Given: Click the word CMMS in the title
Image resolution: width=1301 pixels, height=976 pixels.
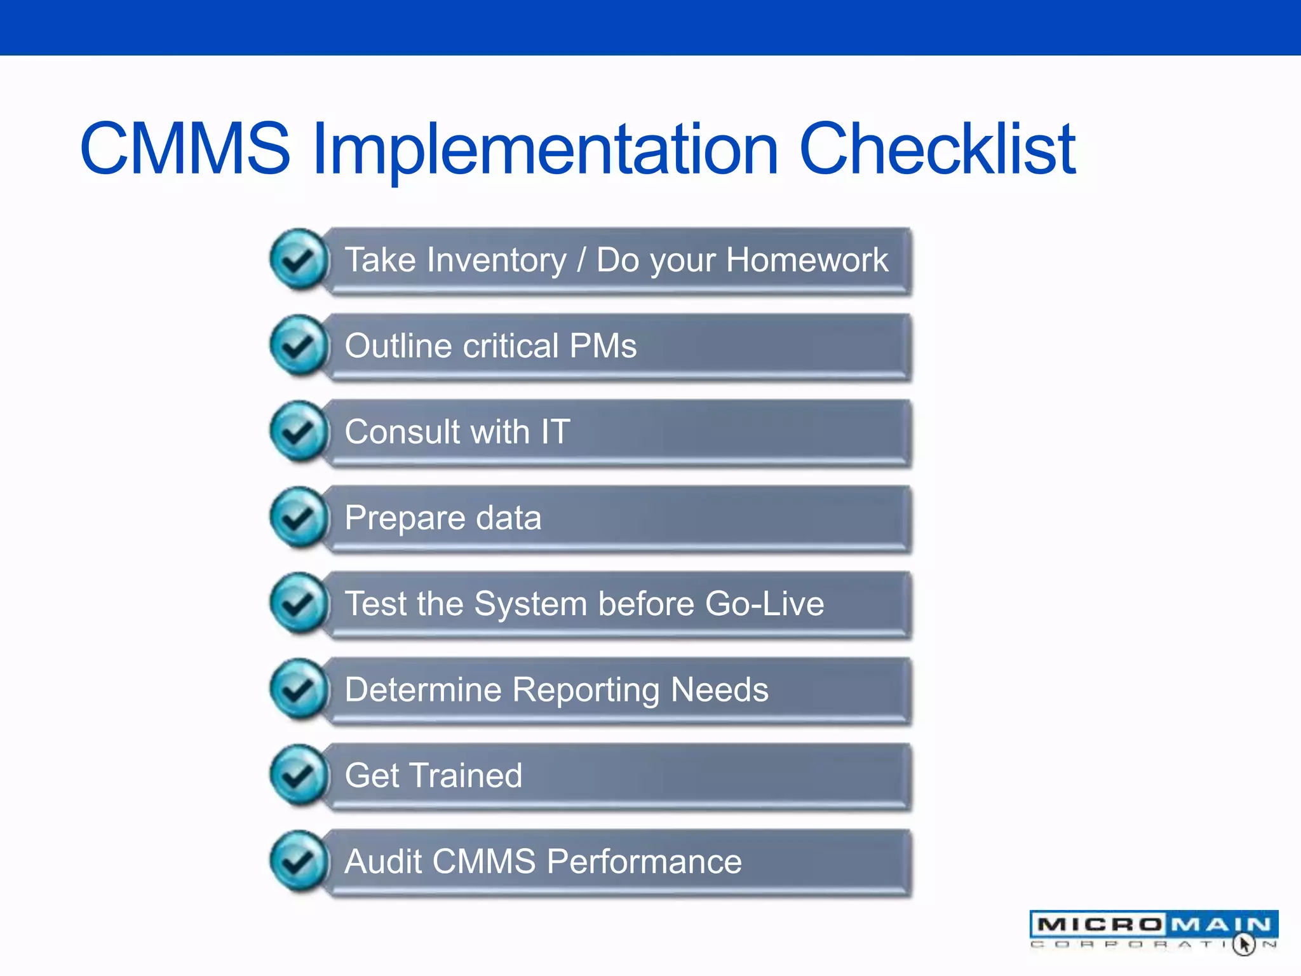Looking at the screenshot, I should pos(185,149).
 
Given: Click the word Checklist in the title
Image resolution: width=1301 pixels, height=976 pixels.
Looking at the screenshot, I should pos(937,149).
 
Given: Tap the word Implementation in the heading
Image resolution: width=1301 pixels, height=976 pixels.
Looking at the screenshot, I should pos(545,150).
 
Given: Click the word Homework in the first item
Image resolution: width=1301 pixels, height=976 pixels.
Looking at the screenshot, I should pos(807,260).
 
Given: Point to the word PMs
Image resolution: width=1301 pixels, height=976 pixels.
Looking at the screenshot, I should pos(603,346).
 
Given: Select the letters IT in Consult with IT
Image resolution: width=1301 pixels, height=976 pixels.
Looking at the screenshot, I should pos(555,432).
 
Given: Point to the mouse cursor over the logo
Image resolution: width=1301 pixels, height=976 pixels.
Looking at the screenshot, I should pos(1243,944).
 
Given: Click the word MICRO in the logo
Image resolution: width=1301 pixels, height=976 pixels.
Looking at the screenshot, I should pos(1100,925).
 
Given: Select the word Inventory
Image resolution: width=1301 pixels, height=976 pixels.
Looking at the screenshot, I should pos(497,261).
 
